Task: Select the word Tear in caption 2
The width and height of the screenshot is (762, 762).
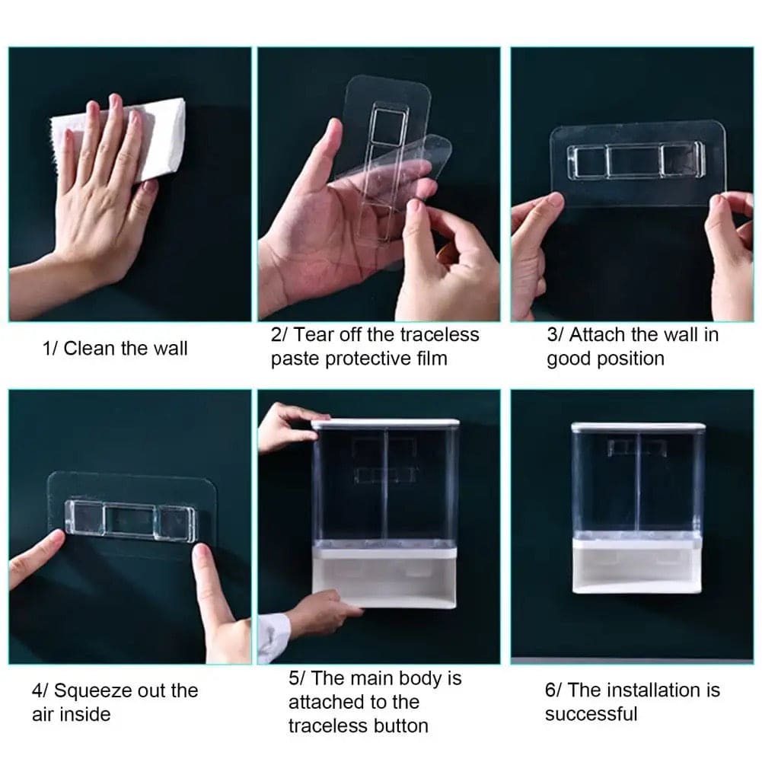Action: [312, 334]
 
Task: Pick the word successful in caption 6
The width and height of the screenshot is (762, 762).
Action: [591, 714]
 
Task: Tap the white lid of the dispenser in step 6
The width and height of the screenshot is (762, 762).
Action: [638, 427]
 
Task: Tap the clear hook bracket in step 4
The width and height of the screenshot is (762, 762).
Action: [130, 519]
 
